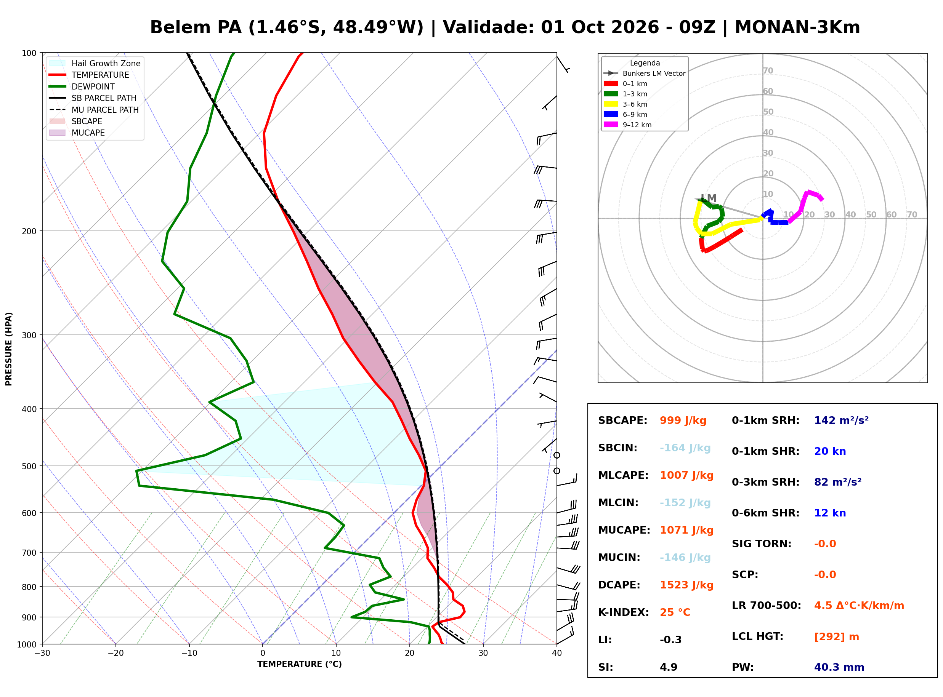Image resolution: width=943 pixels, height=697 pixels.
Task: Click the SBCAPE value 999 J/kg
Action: [683, 420]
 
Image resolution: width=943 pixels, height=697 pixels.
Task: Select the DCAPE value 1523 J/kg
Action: [687, 585]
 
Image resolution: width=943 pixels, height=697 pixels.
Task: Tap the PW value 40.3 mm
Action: [839, 667]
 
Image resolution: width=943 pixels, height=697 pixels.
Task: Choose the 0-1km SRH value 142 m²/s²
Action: [841, 420]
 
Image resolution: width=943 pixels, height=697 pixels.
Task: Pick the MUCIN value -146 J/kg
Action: [685, 558]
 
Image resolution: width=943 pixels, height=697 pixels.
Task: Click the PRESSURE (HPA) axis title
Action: [9, 349]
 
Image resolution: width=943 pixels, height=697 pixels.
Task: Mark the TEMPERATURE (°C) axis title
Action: [300, 665]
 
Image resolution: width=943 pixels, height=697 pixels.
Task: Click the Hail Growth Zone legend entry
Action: [95, 63]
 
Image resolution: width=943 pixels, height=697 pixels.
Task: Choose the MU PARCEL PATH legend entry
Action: [94, 110]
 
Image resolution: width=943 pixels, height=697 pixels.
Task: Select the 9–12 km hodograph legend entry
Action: [628, 125]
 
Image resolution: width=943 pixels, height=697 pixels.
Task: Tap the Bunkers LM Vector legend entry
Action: [645, 74]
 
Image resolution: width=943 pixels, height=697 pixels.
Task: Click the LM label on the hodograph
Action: [709, 198]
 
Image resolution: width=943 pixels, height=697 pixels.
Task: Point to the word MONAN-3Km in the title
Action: [797, 27]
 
